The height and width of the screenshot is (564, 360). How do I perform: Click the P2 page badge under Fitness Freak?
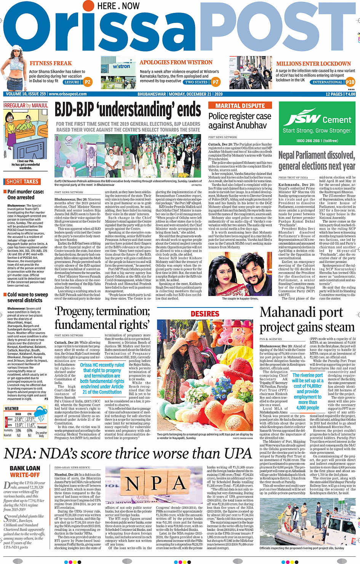coord(88,82)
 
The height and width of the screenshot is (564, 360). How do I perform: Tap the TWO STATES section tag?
coord(196,82)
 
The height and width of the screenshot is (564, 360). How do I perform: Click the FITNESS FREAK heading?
coord(51,63)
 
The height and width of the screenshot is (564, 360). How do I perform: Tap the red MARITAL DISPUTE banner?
coord(240,106)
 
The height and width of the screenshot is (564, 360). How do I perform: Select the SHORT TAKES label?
coord(22,182)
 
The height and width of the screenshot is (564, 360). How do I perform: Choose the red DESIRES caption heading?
coord(205,314)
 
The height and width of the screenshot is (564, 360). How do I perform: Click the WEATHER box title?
coord(11,409)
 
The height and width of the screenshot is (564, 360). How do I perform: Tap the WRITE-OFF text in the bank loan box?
coord(25,475)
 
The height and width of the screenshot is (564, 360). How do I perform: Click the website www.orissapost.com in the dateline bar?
coord(68,94)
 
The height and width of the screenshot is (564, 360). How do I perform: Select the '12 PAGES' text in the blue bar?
coord(334,94)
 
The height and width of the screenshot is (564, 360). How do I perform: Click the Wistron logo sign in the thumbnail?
coord(122,66)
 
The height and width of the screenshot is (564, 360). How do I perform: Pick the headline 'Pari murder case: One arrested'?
coord(26,194)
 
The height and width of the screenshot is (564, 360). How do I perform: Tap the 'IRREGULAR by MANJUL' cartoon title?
coord(26,105)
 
